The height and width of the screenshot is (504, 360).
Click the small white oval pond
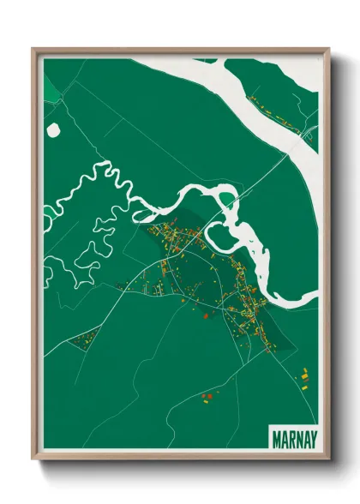54,131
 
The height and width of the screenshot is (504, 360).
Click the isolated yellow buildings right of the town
304,377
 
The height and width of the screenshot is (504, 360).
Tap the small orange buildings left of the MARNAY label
207,396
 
